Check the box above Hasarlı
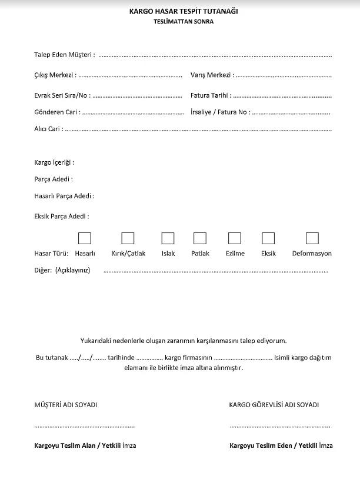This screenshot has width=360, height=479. point(85,238)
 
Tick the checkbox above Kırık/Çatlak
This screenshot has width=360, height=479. point(128,238)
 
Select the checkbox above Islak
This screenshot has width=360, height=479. point(168,238)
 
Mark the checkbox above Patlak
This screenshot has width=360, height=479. point(200,238)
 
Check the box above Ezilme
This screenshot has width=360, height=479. point(235,238)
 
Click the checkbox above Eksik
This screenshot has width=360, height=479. point(268,238)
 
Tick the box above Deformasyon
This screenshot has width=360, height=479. point(312,238)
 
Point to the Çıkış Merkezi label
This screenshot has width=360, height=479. point(55,75)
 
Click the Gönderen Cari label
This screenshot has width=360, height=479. point(57,112)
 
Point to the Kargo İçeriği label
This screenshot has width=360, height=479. point(54,162)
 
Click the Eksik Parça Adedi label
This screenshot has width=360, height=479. point(62,216)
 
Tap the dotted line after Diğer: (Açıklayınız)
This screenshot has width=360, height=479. point(215,271)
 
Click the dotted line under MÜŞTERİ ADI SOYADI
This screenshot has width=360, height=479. point(76,425)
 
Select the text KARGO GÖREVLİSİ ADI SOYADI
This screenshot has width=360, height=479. point(274,405)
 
